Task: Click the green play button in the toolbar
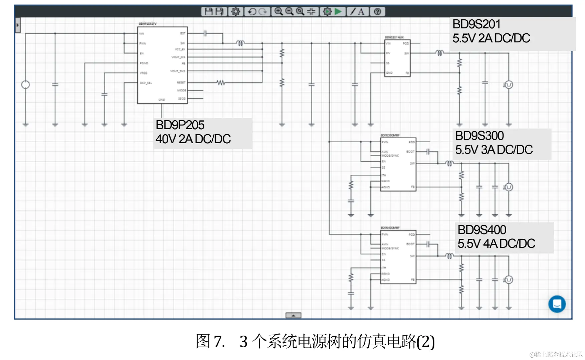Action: [x=338, y=12]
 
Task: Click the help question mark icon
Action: [x=377, y=12]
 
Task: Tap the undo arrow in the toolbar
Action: [x=252, y=12]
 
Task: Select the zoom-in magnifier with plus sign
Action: [x=278, y=12]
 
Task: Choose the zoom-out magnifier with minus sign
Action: [x=289, y=12]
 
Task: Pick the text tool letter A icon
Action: [x=361, y=12]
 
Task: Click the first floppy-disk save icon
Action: [x=208, y=12]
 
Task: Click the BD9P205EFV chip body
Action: [x=162, y=65]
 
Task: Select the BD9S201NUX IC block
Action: [x=397, y=58]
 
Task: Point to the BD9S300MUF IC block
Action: [x=398, y=164]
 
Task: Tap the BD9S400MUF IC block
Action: [x=398, y=257]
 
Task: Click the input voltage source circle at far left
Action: [x=25, y=85]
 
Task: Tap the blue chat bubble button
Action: [x=557, y=304]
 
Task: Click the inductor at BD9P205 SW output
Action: [x=240, y=43]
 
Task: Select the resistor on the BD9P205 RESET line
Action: [x=220, y=82]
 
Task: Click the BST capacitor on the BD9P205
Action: [x=205, y=33]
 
